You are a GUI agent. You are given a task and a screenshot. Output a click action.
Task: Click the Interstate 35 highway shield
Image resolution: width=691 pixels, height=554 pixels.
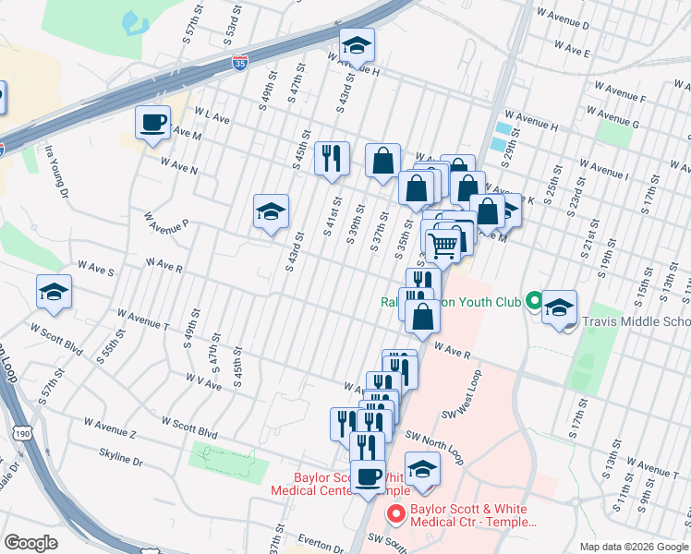tap(240, 63)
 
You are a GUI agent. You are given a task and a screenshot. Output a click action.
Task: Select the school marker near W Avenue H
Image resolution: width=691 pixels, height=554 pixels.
tap(356, 46)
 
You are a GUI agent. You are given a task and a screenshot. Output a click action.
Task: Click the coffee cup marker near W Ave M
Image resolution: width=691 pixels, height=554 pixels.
tap(153, 122)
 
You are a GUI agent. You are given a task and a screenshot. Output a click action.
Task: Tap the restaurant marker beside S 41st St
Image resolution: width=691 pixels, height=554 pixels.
tap(331, 157)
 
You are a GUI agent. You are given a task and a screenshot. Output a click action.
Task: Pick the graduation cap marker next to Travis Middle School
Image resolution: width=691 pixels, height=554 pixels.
tap(558, 307)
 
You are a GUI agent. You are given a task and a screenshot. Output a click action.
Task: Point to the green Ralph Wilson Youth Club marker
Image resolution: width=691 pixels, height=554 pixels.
tap(533, 300)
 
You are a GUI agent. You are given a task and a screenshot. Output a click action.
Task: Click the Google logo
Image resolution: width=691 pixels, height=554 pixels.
tap(31, 543)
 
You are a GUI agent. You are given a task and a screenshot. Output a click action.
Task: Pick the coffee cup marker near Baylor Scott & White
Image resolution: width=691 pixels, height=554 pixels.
tap(368, 476)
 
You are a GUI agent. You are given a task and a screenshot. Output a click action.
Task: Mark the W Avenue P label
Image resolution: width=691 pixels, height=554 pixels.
tap(165, 223)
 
